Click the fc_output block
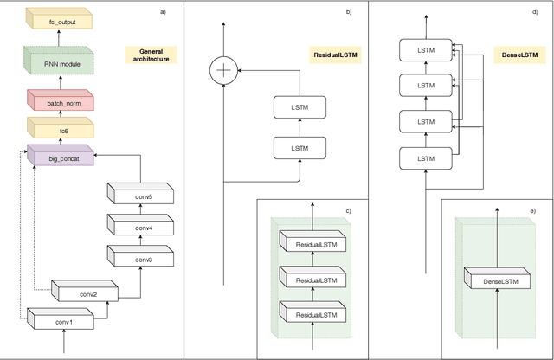pyautogui.click(x=59, y=18)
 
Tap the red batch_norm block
pyautogui.click(x=59, y=102)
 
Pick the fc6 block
pyautogui.click(x=59, y=131)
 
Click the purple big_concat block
pyautogui.click(x=57, y=158)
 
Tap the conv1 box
pyautogui.click(x=63, y=322)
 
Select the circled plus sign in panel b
pyautogui.click(x=224, y=69)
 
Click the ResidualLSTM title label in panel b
pyautogui.click(x=336, y=55)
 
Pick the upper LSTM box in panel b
pyautogui.click(x=298, y=107)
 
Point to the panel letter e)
pyautogui.click(x=532, y=210)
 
